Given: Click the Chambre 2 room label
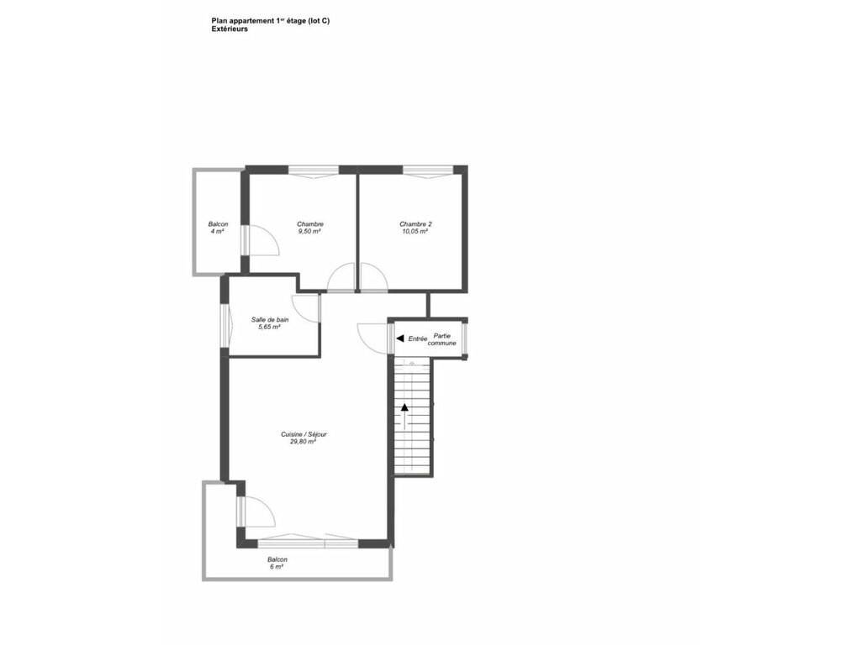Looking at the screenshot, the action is [415, 223].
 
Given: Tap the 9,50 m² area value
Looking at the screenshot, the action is [309, 232].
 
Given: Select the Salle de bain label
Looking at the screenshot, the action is [270, 320].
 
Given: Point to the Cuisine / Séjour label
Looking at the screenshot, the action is [304, 434].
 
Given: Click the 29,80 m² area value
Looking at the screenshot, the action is [303, 442].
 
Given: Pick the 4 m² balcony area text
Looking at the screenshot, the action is [217, 232].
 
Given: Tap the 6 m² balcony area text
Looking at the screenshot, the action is [277, 567].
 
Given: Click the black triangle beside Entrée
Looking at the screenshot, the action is [400, 338].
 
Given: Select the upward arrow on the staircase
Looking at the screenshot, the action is [404, 417].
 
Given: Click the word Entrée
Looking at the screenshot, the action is [418, 339].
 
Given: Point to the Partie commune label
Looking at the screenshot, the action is [442, 339].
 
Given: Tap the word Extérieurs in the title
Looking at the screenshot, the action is [230, 29].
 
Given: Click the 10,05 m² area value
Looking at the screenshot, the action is [415, 232].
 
